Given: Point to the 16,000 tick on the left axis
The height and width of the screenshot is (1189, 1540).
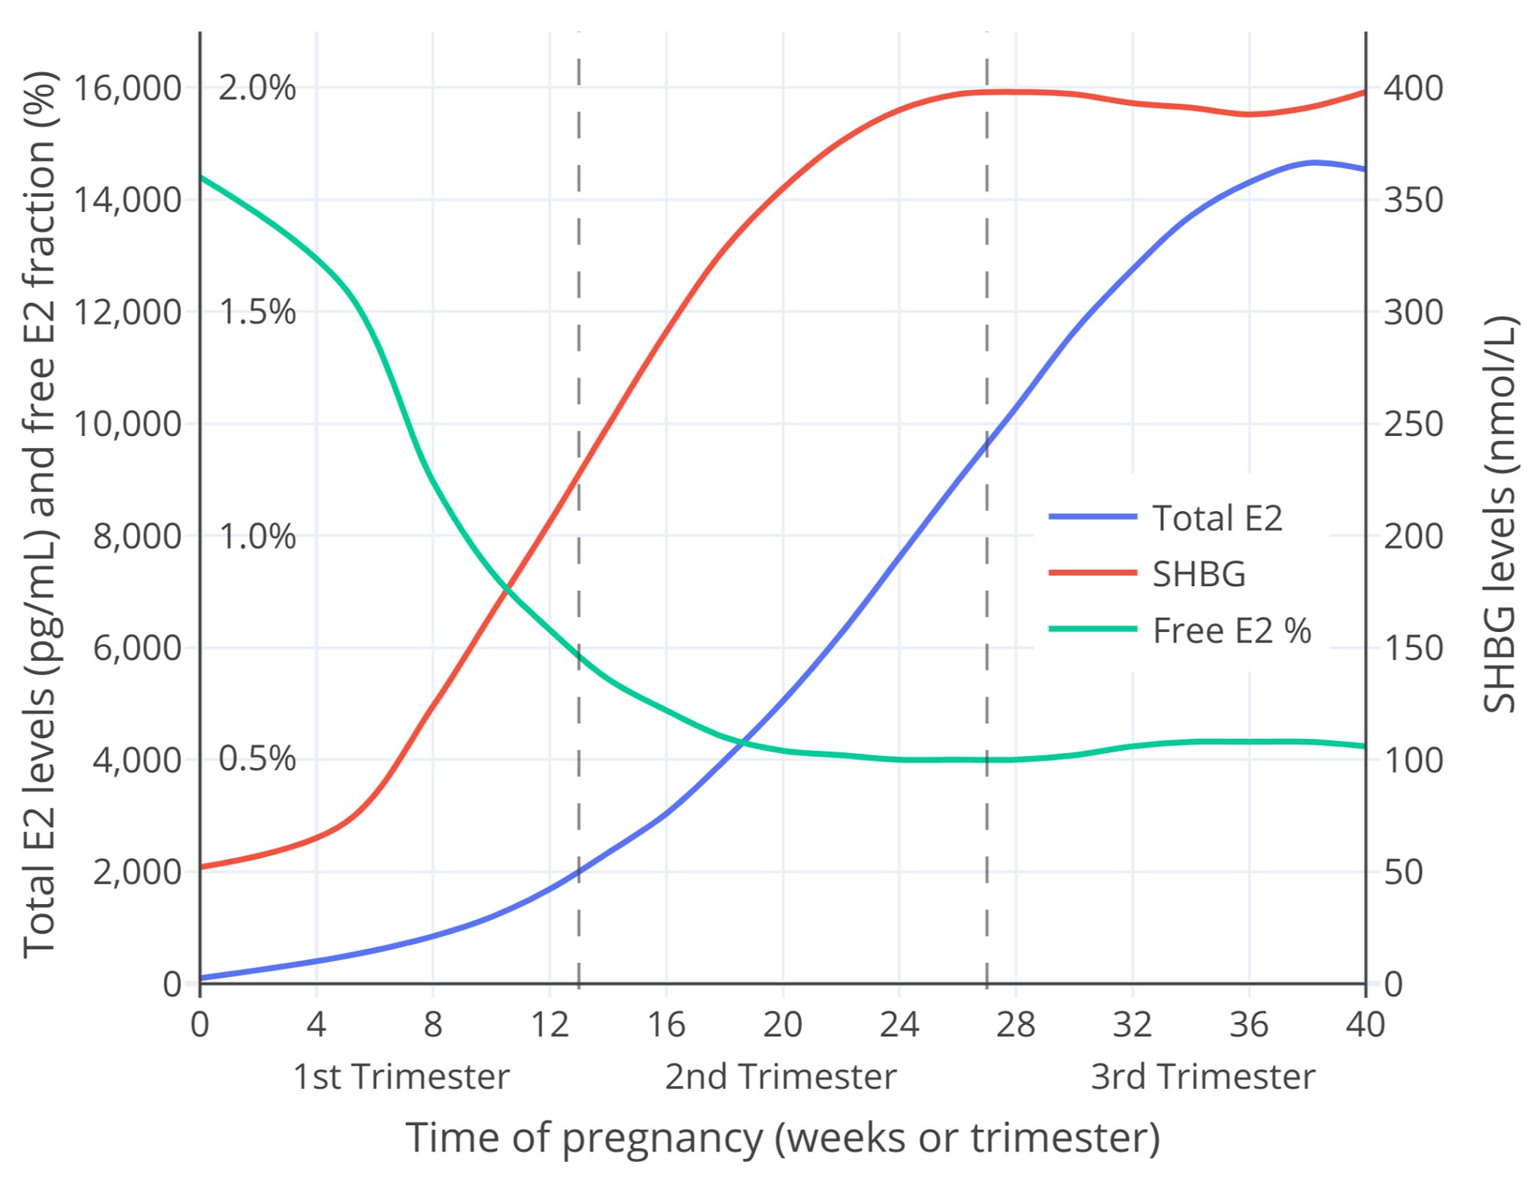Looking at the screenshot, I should pyautogui.click(x=127, y=88).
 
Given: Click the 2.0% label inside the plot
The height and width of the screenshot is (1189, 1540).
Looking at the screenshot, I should pyautogui.click(x=257, y=88).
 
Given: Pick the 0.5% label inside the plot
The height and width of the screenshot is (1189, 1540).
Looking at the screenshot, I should pyautogui.click(x=257, y=759).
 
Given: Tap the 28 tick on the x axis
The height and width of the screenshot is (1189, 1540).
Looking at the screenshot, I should pyautogui.click(x=1016, y=1024).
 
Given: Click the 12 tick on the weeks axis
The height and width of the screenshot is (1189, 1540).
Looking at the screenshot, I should pyautogui.click(x=550, y=1024).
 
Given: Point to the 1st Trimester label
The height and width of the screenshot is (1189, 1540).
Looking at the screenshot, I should pyautogui.click(x=401, y=1076).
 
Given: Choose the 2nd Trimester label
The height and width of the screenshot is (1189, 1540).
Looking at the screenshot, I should pyautogui.click(x=781, y=1076).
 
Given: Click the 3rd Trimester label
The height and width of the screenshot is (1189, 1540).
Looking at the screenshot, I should pyautogui.click(x=1203, y=1076).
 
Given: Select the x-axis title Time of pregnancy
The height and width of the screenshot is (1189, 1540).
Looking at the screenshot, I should pyautogui.click(x=782, y=1137).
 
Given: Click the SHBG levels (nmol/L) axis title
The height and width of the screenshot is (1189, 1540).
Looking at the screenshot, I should pyautogui.click(x=1499, y=515).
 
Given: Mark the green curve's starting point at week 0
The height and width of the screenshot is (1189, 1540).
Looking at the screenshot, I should pyautogui.click(x=201, y=177).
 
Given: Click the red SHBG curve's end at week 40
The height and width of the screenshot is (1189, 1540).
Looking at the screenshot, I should pyautogui.click(x=1365, y=92).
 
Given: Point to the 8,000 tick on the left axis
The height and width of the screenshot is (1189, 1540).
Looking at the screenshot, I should pyautogui.click(x=137, y=536).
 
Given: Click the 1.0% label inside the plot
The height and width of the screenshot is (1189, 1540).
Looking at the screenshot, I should pyautogui.click(x=257, y=537).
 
